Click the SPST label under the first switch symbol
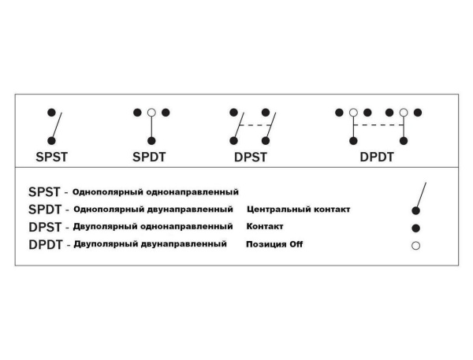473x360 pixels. [51, 156]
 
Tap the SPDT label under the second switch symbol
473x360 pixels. [151, 156]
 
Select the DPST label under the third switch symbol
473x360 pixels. [251, 156]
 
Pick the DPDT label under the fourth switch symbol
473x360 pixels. [377, 156]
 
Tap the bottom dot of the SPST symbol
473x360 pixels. [51, 139]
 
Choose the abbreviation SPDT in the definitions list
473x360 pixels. [44, 210]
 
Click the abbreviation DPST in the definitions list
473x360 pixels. [44, 227]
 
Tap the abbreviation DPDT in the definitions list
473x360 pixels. [45, 245]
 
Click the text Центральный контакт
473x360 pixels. [298, 210]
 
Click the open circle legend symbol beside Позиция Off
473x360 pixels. [415, 246]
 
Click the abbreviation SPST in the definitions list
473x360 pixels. [44, 191]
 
